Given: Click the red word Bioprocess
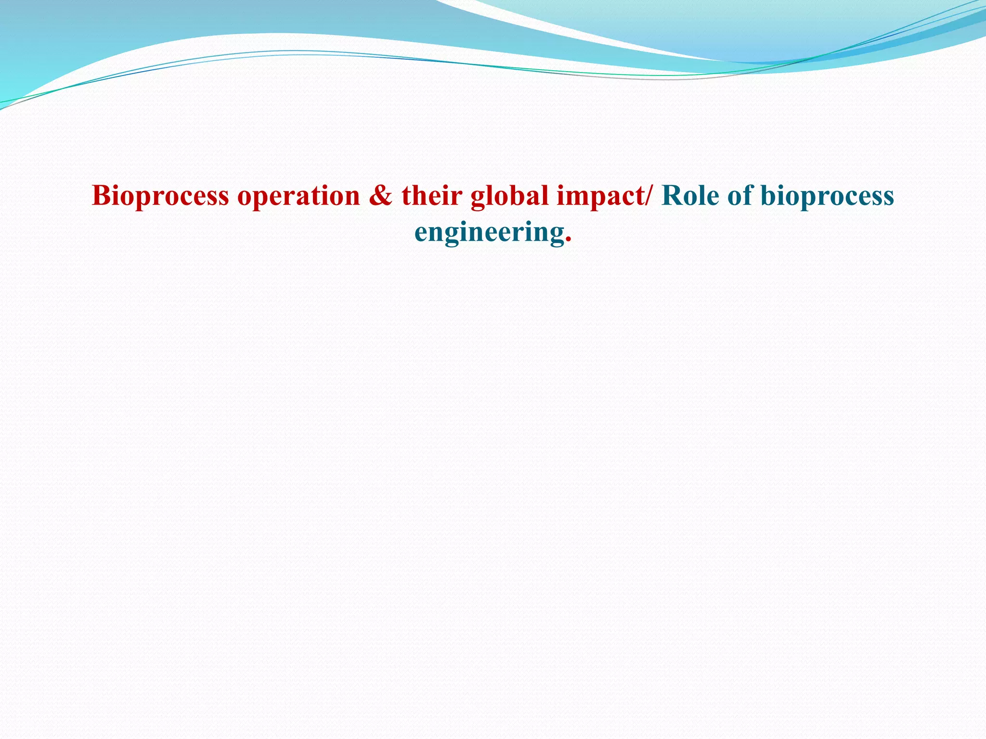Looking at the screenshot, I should tap(160, 196).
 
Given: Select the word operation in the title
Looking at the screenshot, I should tap(298, 196).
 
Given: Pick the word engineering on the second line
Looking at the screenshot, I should tap(489, 233).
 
